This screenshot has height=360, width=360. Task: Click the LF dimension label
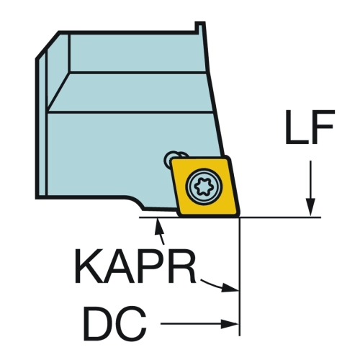(310, 127)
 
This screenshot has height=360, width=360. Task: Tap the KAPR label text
(135, 266)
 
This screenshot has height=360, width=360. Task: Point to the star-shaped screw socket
(204, 186)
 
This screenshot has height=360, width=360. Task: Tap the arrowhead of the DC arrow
(230, 324)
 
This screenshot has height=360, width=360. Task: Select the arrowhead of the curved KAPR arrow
(230, 287)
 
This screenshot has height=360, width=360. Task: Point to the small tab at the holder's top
(200, 27)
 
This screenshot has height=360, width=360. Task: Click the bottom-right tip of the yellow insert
(240, 216)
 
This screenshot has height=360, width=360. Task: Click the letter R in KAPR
(183, 266)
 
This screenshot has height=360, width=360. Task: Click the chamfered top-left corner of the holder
(47, 45)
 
